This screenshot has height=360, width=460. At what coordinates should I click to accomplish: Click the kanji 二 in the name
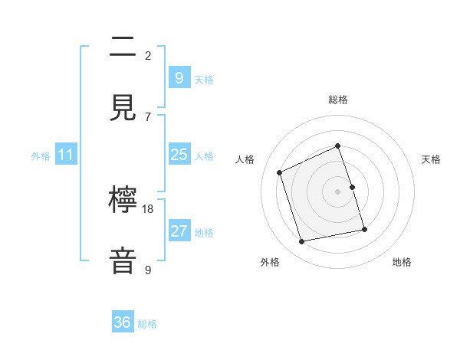click(123, 48)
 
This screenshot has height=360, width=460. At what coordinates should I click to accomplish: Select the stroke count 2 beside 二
click(148, 56)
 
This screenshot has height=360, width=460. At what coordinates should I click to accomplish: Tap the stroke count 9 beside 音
click(148, 270)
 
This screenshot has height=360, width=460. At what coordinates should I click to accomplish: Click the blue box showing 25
click(179, 155)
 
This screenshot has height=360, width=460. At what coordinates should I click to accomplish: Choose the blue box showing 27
click(179, 231)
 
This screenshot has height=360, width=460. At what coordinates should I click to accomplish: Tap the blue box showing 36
click(123, 322)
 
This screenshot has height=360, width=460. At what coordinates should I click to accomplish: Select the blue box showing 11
click(66, 155)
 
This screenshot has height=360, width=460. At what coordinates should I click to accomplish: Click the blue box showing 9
click(179, 77)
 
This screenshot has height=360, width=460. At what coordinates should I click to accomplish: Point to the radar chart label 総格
click(338, 100)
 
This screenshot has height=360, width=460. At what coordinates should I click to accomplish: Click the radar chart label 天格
click(431, 159)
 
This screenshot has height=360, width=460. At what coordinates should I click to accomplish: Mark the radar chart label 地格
click(402, 262)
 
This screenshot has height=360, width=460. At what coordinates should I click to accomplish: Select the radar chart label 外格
click(270, 262)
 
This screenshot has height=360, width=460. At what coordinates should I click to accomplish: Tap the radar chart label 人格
click(245, 159)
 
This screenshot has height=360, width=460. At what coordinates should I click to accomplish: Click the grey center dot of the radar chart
click(338, 191)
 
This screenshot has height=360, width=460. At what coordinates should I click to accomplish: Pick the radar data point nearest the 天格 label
click(352, 186)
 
